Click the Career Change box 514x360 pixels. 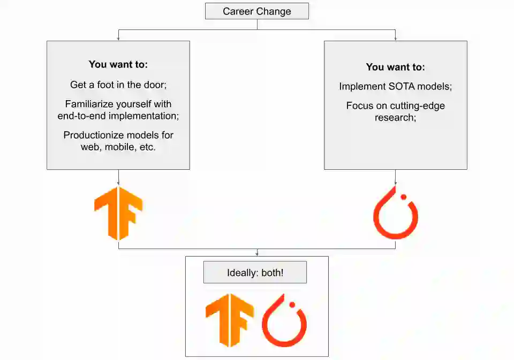257,11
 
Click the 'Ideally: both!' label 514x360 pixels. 255,273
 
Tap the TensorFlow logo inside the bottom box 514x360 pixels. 229,320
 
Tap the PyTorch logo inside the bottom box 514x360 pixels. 284,321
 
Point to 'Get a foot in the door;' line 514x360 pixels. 118,85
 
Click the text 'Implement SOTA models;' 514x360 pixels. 395,86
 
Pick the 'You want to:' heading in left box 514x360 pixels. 118,64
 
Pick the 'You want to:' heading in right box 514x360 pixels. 395,67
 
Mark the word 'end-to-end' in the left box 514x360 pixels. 80,115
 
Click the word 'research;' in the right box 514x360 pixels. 395,117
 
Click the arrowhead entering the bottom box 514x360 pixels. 257,254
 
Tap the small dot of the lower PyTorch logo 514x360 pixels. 292,305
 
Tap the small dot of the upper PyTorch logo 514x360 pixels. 404,197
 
